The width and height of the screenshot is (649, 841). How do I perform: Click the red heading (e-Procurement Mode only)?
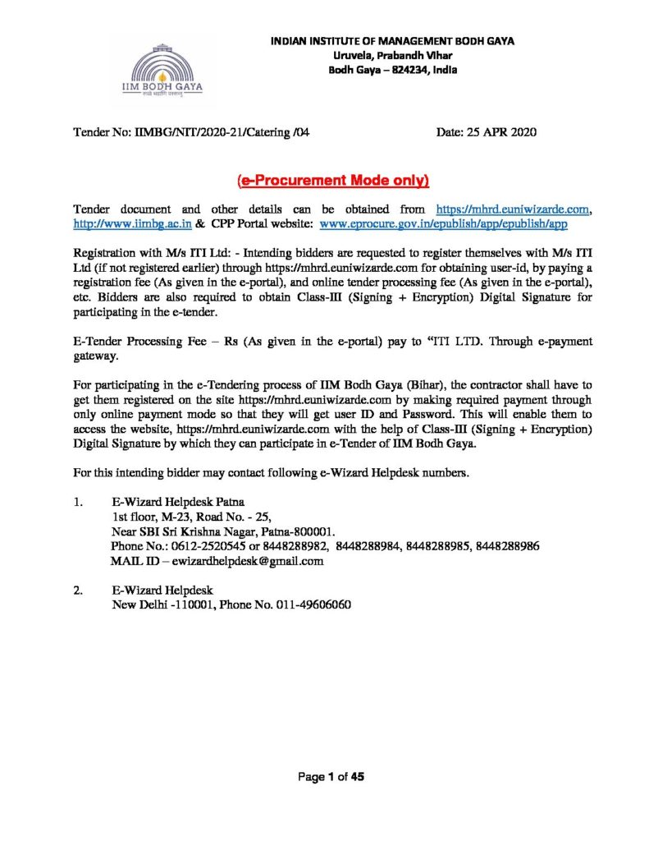(x=332, y=180)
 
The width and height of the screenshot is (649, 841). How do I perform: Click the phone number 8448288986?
(x=507, y=547)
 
